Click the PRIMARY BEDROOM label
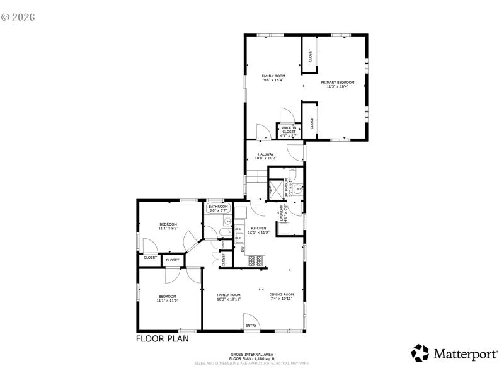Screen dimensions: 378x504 (x=337, y=83)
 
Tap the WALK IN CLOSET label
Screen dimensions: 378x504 (x=289, y=129)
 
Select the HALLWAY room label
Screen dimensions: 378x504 (x=265, y=154)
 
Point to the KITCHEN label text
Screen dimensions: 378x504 (x=258, y=228)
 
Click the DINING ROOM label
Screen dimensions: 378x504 (x=282, y=295)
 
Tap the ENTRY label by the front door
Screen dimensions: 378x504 (x=251, y=325)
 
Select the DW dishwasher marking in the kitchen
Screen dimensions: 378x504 (x=243, y=249)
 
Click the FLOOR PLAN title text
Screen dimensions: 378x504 (x=162, y=338)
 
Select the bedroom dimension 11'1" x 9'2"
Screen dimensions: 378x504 (x=168, y=228)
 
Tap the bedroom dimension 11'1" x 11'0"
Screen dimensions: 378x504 (x=167, y=301)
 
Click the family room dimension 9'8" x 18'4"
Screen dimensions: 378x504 (x=273, y=80)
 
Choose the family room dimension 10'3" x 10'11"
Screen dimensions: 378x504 (x=229, y=299)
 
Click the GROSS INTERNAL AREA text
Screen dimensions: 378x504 (x=251, y=355)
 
